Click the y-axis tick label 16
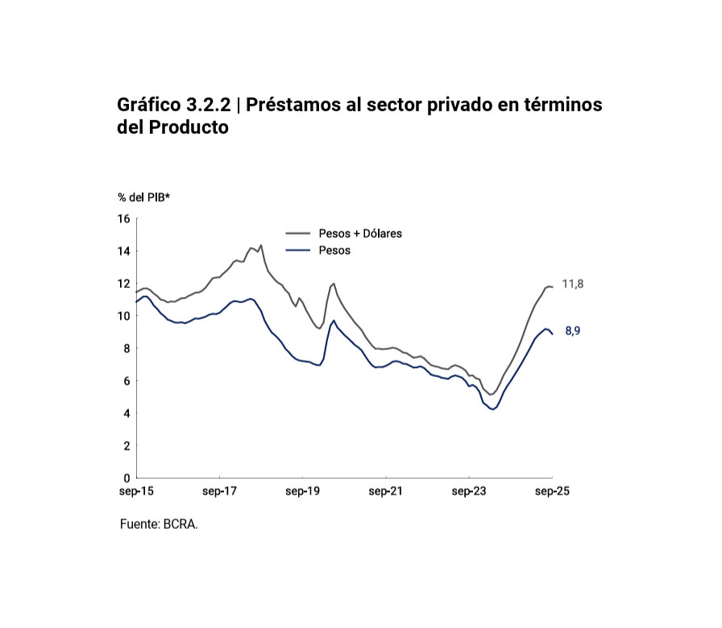tap(123, 218)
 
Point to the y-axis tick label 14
tap(123, 251)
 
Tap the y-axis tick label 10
tap(123, 316)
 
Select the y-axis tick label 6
tap(126, 381)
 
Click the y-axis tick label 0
tap(126, 478)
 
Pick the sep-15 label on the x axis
tap(136, 491)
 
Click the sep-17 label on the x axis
tap(219, 491)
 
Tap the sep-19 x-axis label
tap(303, 491)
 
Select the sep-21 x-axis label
tap(386, 491)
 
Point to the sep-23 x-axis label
tap(469, 491)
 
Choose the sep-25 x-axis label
tap(553, 491)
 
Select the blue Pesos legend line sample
tap(298, 251)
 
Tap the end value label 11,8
tap(572, 285)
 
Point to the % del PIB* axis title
tap(143, 197)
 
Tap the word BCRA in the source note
tap(180, 524)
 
